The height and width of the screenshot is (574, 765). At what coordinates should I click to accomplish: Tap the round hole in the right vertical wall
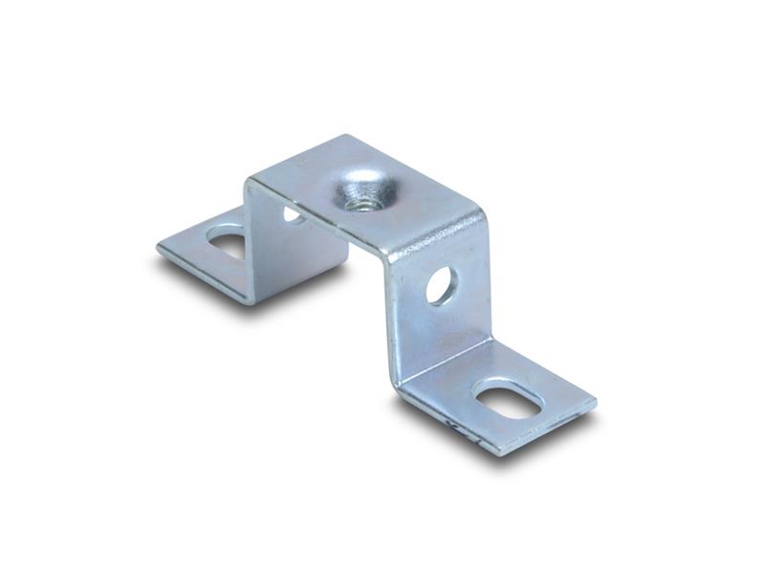coord(441,285)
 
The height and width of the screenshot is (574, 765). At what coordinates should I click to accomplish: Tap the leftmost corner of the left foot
coord(158,247)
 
